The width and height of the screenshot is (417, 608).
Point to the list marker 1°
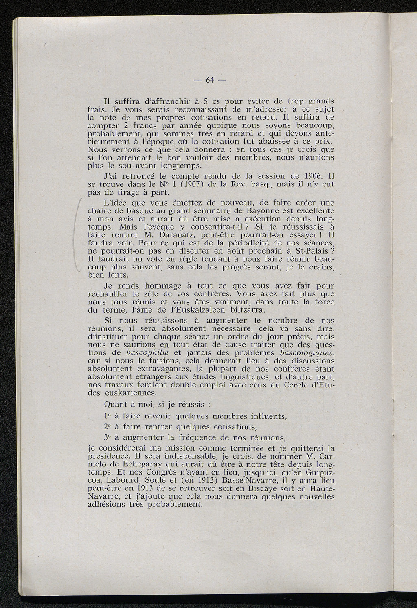tap(108, 416)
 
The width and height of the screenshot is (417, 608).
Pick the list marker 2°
tap(108, 427)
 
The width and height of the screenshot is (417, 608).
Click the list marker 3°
tap(108, 438)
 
